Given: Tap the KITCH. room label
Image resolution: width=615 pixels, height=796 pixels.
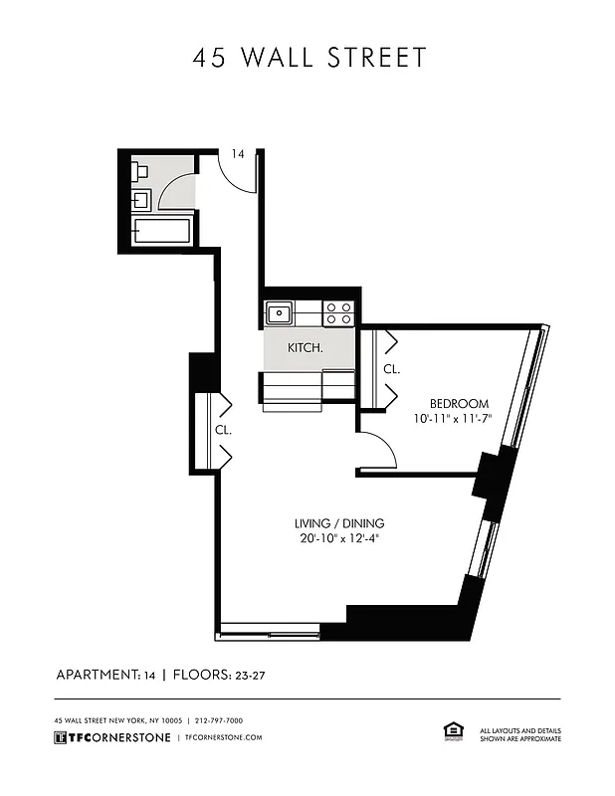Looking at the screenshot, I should pyautogui.click(x=305, y=348).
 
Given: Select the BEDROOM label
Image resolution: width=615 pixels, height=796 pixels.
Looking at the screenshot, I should pyautogui.click(x=459, y=403).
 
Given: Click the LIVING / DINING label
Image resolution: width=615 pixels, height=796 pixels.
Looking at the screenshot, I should pyautogui.click(x=339, y=523).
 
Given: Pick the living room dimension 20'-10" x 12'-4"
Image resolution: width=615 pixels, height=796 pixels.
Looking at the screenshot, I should pyautogui.click(x=338, y=539).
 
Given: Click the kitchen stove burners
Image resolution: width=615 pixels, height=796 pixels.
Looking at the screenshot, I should pyautogui.click(x=338, y=313).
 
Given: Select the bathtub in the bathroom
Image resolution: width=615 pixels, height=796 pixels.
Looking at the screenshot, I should pyautogui.click(x=161, y=232).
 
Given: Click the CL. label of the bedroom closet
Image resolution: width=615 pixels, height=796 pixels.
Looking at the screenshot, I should pyautogui.click(x=391, y=369).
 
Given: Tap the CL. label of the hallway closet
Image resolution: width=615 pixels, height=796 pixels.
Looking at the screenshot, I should pyautogui.click(x=223, y=431).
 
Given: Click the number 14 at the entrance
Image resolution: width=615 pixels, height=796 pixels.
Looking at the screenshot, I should pyautogui.click(x=238, y=154).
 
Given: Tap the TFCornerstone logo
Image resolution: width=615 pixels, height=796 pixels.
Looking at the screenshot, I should pyautogui.click(x=110, y=737).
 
